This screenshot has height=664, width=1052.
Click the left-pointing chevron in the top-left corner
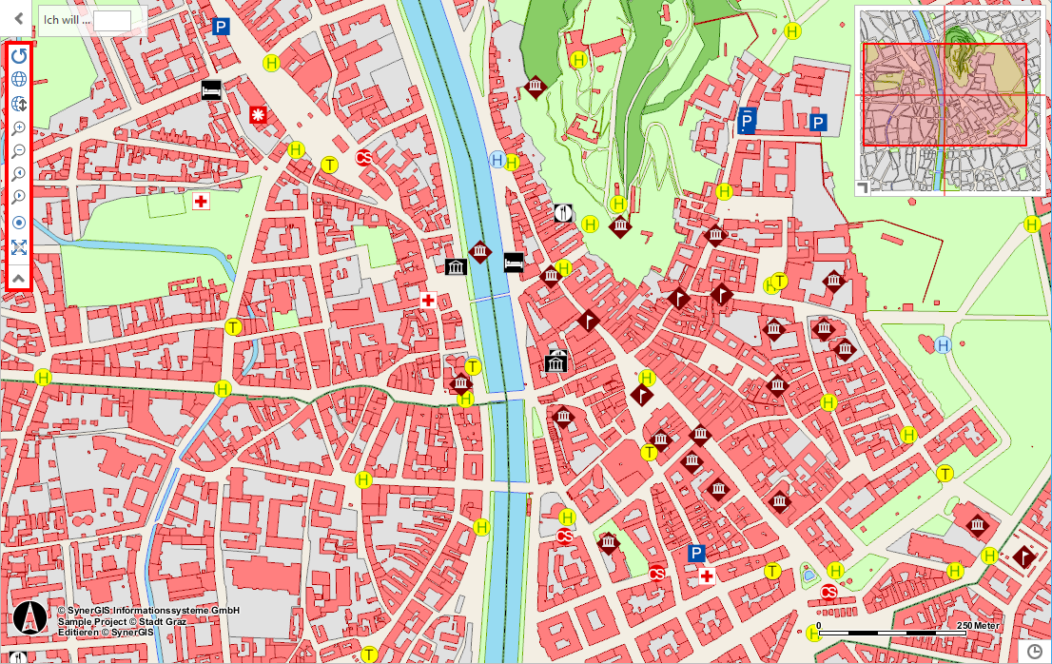(17, 17)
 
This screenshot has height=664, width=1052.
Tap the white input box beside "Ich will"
(111, 20)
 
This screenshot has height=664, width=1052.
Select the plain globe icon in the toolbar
(19, 79)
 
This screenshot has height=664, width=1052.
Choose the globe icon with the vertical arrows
(19, 103)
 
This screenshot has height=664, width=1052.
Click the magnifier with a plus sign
(19, 127)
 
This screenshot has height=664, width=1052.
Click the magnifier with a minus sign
(19, 150)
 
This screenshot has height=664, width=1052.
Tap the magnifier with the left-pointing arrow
(19, 174)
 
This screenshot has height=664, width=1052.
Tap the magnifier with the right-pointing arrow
(19, 198)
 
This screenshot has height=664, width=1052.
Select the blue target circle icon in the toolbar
(19, 224)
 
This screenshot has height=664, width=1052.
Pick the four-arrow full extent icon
(19, 247)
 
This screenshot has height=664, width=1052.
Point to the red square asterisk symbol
(259, 114)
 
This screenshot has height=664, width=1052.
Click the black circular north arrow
(29, 618)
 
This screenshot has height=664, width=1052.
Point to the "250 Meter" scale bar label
(978, 625)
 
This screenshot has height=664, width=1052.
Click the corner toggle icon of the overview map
(863, 188)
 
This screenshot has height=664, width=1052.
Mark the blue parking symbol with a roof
(748, 121)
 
